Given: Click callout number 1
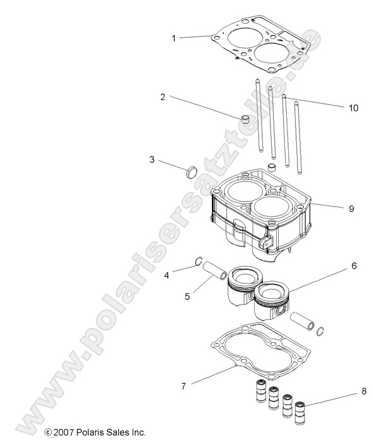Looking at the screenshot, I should click(x=174, y=38).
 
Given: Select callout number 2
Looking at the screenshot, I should click(x=162, y=97).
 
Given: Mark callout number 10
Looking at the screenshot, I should click(x=337, y=108).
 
